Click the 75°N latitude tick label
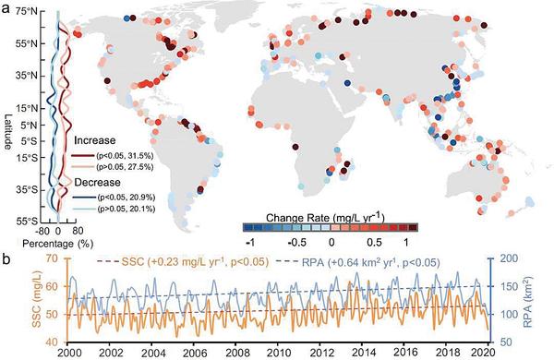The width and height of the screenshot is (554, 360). (27, 11)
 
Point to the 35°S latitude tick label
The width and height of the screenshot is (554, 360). (27, 190)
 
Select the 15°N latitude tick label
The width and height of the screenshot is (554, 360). (27, 108)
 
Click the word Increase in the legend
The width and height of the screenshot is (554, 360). (95, 140)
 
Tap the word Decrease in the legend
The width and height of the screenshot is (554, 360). (97, 182)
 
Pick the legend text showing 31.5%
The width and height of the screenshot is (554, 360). (125, 155)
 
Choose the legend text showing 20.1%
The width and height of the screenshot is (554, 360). (126, 209)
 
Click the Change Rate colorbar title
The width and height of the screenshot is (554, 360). (325, 217)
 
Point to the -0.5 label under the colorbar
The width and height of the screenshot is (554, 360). (296, 243)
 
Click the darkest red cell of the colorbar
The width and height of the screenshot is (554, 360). (413, 227)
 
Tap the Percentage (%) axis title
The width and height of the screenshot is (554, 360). (57, 244)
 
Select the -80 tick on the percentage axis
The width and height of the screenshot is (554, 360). (42, 231)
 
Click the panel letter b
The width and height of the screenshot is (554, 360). (6, 259)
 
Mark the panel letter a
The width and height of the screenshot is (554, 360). (6, 8)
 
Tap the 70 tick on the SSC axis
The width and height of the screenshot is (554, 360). (51, 258)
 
